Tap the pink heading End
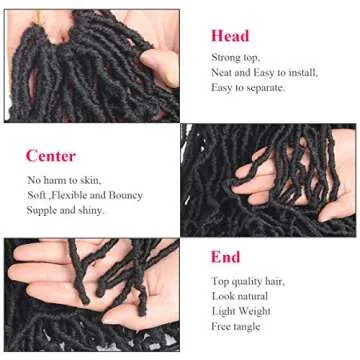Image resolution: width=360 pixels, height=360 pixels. point(225,258)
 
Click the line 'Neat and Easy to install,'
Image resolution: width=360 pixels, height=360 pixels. point(264,73)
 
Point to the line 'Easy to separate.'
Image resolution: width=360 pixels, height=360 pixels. point(248,87)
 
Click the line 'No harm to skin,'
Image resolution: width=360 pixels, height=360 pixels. point(64,180)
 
